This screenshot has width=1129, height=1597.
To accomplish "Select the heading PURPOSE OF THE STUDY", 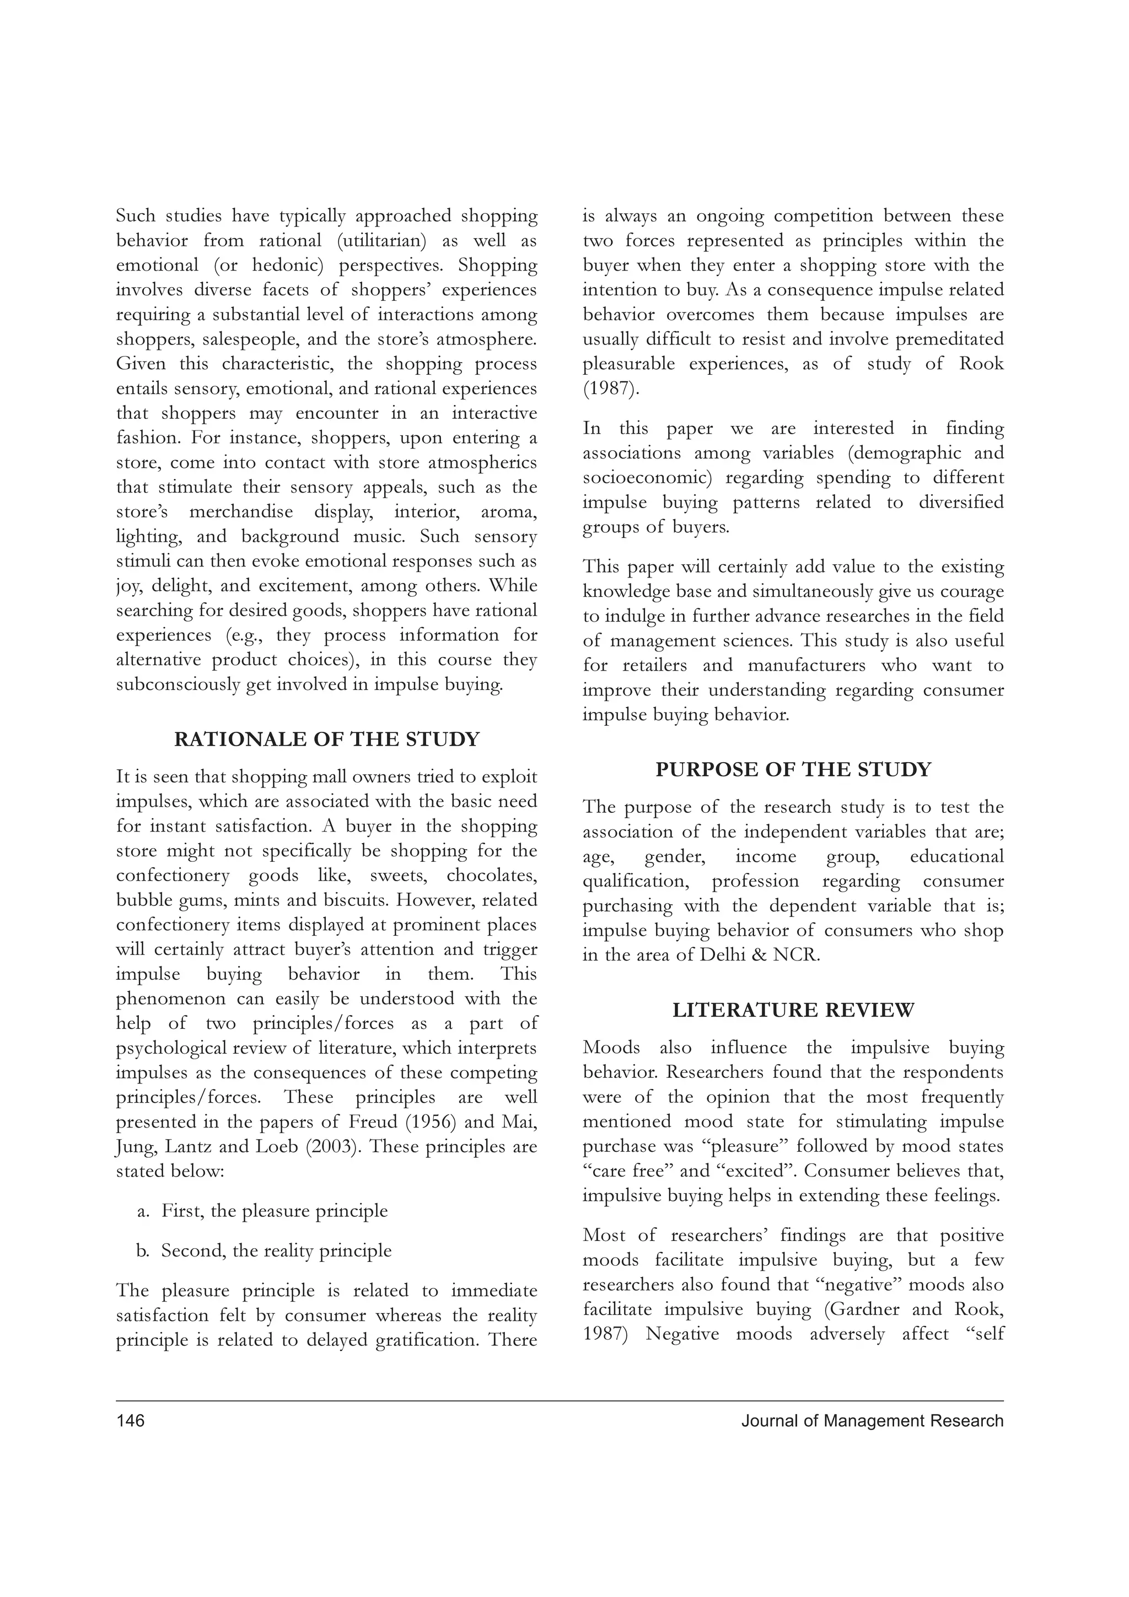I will [x=793, y=769].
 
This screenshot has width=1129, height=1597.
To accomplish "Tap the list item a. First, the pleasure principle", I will [x=274, y=1211].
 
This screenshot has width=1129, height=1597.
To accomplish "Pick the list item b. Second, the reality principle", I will [x=276, y=1250].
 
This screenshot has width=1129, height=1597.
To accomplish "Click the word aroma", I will [x=509, y=512].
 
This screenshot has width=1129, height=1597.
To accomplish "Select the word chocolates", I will [x=492, y=875].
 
